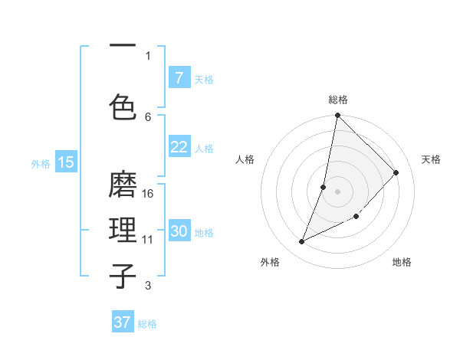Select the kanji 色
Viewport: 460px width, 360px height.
pos(123,106)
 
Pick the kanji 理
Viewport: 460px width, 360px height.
pos(123,230)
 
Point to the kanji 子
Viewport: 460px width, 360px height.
pos(123,275)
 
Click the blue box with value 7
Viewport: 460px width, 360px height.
pos(179,77)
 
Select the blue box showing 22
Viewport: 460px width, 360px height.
pos(179,147)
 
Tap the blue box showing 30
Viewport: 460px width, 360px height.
pos(179,231)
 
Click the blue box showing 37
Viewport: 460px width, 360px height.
pos(123,322)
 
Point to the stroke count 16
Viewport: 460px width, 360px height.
pos(149,194)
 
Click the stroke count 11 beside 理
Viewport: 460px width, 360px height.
pos(148,240)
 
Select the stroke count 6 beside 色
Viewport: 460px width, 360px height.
pos(148,117)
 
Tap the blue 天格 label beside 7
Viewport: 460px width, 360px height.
pos(204,79)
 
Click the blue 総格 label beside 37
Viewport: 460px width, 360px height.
pos(147,324)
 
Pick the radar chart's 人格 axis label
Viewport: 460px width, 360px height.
pos(245,159)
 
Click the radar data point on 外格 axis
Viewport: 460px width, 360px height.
pos(301,242)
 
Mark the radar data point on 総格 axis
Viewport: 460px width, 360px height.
pos(337,116)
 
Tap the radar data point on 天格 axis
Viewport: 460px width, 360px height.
pos(396,172)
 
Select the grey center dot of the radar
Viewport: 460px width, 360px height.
pos(337,191)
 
